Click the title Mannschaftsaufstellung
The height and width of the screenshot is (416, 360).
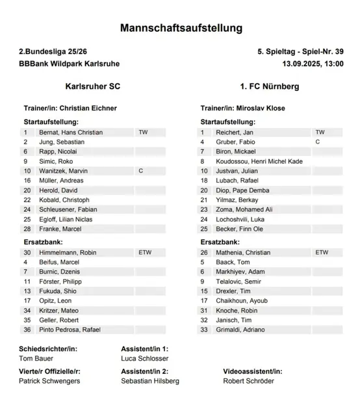(181, 28)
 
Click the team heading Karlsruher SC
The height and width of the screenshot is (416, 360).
(93, 86)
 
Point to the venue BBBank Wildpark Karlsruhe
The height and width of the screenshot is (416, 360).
(70, 64)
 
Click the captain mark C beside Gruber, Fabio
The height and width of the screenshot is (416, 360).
(318, 141)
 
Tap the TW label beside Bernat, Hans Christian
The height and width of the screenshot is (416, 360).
(144, 132)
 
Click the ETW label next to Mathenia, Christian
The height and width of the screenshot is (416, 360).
(321, 252)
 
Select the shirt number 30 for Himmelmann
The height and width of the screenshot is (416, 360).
(28, 252)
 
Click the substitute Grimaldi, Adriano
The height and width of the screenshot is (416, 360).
(241, 330)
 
